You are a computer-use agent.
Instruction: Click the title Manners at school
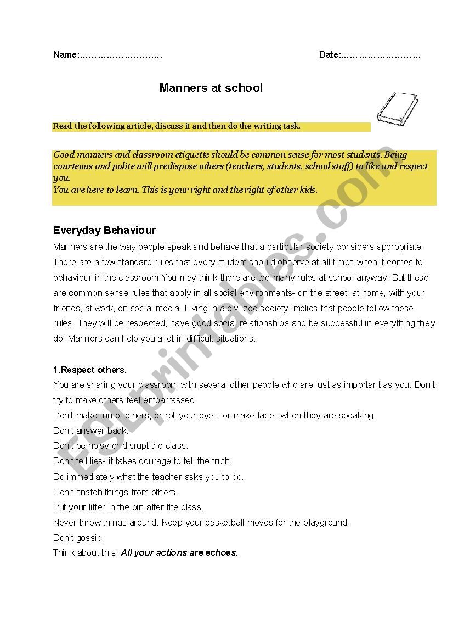pyautogui.click(x=211, y=88)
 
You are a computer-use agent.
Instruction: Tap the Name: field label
pyautogui.click(x=66, y=55)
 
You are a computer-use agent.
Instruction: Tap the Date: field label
pyautogui.click(x=330, y=55)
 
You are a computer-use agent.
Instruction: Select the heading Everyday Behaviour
pyautogui.click(x=104, y=231)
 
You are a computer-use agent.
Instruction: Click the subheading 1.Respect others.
pyautogui.click(x=90, y=370)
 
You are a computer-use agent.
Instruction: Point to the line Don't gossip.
pyautogui.click(x=78, y=538)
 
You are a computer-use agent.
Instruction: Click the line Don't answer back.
pyautogui.click(x=90, y=431)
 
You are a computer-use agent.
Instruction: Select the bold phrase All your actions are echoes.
pyautogui.click(x=179, y=553)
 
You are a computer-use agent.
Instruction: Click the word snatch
pyautogui.click(x=89, y=492)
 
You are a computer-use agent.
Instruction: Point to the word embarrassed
pyautogui.click(x=168, y=400)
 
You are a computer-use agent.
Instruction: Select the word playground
pyautogui.click(x=326, y=522)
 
